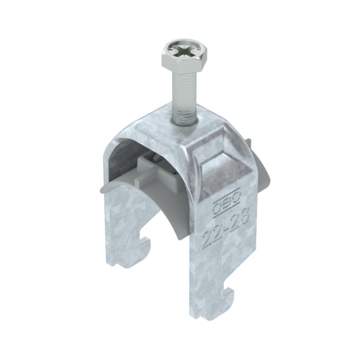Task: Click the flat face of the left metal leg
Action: pyautogui.click(x=127, y=219)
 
